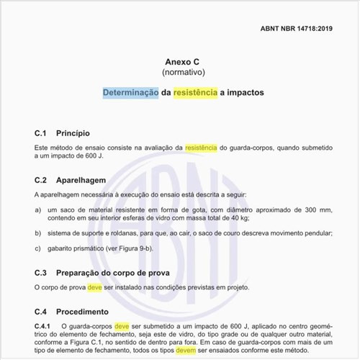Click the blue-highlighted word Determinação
click(x=130, y=94)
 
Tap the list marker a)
click(x=37, y=210)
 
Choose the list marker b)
click(x=37, y=233)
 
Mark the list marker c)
click(x=37, y=248)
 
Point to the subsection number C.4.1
click(x=44, y=326)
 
